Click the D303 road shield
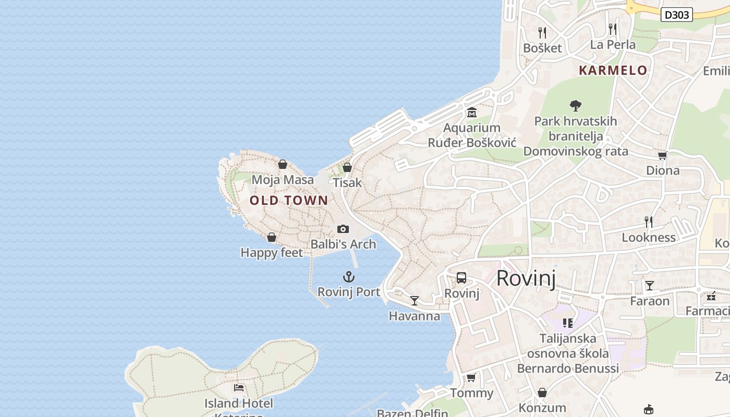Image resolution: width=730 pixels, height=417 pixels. pyautogui.click(x=677, y=15)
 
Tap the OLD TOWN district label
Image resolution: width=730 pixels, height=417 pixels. pyautogui.click(x=289, y=200)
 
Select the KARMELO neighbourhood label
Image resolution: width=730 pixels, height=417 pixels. pyautogui.click(x=613, y=70)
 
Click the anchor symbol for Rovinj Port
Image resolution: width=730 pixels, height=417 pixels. pyautogui.click(x=348, y=276)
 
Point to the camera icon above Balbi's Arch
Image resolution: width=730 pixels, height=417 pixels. pyautogui.click(x=343, y=229)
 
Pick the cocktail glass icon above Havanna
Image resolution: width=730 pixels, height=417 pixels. pyautogui.click(x=415, y=300)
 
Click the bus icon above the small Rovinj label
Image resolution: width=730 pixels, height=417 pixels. pyautogui.click(x=461, y=278)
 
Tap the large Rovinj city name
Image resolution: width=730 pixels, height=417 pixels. pyautogui.click(x=526, y=278)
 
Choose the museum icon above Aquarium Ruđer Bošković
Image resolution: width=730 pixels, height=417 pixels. pyautogui.click(x=472, y=112)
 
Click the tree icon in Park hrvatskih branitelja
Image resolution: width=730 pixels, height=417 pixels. pyautogui.click(x=576, y=106)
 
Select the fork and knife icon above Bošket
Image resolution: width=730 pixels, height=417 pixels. pyautogui.click(x=542, y=33)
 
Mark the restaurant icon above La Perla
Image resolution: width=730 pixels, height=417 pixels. pyautogui.click(x=613, y=29)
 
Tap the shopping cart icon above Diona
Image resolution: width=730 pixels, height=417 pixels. pyautogui.click(x=663, y=155)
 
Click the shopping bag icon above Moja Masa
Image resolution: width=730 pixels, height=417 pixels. pyautogui.click(x=283, y=165)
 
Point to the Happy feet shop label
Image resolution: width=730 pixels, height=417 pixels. pyautogui.click(x=272, y=253)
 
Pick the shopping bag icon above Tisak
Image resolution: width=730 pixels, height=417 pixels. pyautogui.click(x=347, y=167)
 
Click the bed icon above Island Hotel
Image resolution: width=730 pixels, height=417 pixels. pyautogui.click(x=239, y=387)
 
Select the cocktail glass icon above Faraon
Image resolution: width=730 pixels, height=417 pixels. pyautogui.click(x=650, y=286)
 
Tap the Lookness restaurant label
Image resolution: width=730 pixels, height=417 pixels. pyautogui.click(x=649, y=238)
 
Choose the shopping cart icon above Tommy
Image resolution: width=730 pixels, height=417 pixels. pyautogui.click(x=471, y=377)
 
